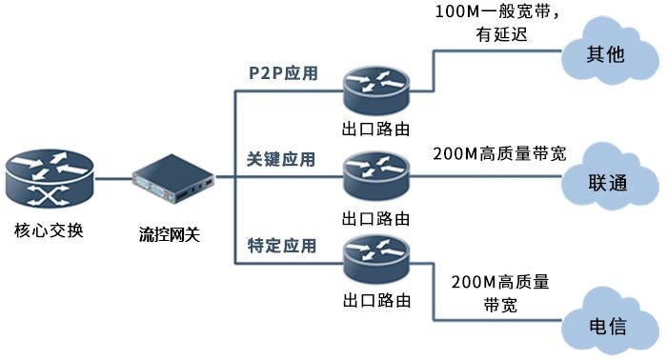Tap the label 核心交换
50,230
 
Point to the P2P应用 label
282,72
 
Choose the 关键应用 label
281,159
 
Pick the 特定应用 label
281,245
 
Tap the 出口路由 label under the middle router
376,214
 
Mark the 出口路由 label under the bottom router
376,300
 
